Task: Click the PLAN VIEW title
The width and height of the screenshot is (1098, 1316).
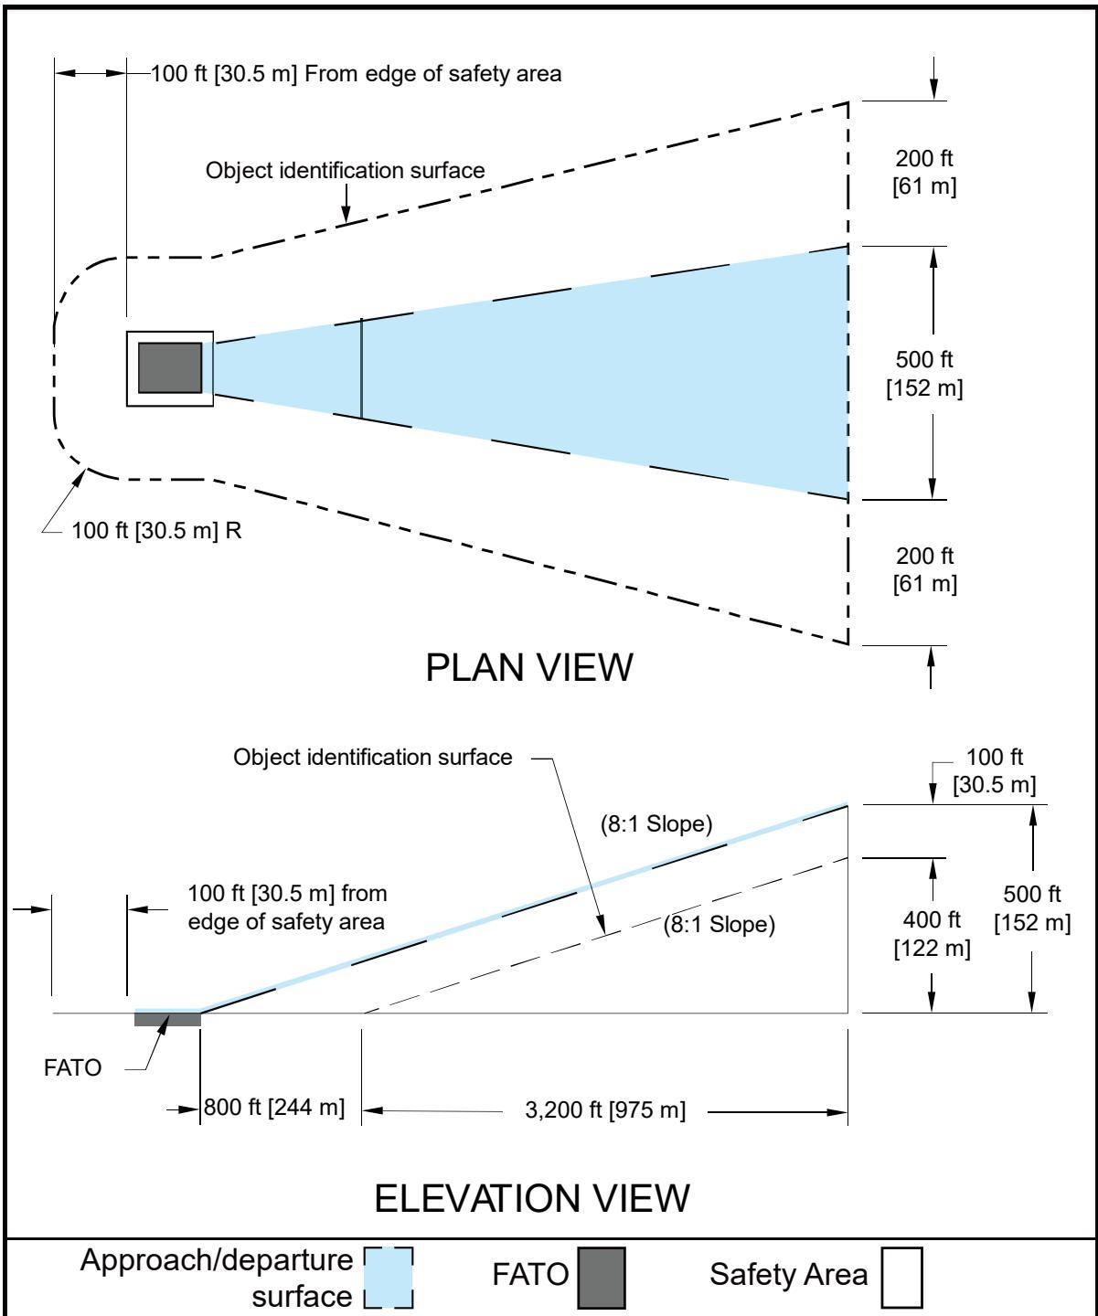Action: [529, 667]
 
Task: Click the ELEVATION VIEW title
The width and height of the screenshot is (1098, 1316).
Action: [532, 1198]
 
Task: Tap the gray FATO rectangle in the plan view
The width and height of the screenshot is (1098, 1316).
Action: [170, 368]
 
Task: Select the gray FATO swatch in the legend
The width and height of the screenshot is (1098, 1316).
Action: [601, 1278]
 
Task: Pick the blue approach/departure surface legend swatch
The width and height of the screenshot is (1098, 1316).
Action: [389, 1278]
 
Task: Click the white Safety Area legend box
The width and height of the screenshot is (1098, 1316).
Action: [901, 1278]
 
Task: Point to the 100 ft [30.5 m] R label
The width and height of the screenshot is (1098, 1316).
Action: [156, 530]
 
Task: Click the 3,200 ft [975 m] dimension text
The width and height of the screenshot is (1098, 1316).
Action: [605, 1109]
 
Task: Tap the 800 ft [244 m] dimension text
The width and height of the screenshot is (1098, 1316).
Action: [273, 1107]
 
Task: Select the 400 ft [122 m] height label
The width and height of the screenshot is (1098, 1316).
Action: [933, 933]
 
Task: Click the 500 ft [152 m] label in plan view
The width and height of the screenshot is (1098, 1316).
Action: [924, 373]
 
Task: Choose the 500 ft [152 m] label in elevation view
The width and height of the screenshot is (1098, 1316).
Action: [1032, 908]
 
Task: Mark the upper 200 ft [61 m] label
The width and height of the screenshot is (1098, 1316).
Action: [924, 172]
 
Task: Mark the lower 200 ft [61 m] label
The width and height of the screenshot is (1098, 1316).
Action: [925, 569]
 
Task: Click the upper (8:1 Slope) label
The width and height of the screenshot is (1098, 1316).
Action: [656, 823]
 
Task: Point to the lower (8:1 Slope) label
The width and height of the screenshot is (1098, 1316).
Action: [719, 924]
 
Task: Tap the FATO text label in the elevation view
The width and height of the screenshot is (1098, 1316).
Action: [72, 1067]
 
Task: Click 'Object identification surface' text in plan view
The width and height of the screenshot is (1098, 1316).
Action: [345, 170]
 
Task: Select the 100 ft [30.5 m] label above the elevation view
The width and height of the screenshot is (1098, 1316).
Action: [995, 770]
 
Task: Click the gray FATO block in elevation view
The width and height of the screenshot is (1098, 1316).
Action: [167, 1018]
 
